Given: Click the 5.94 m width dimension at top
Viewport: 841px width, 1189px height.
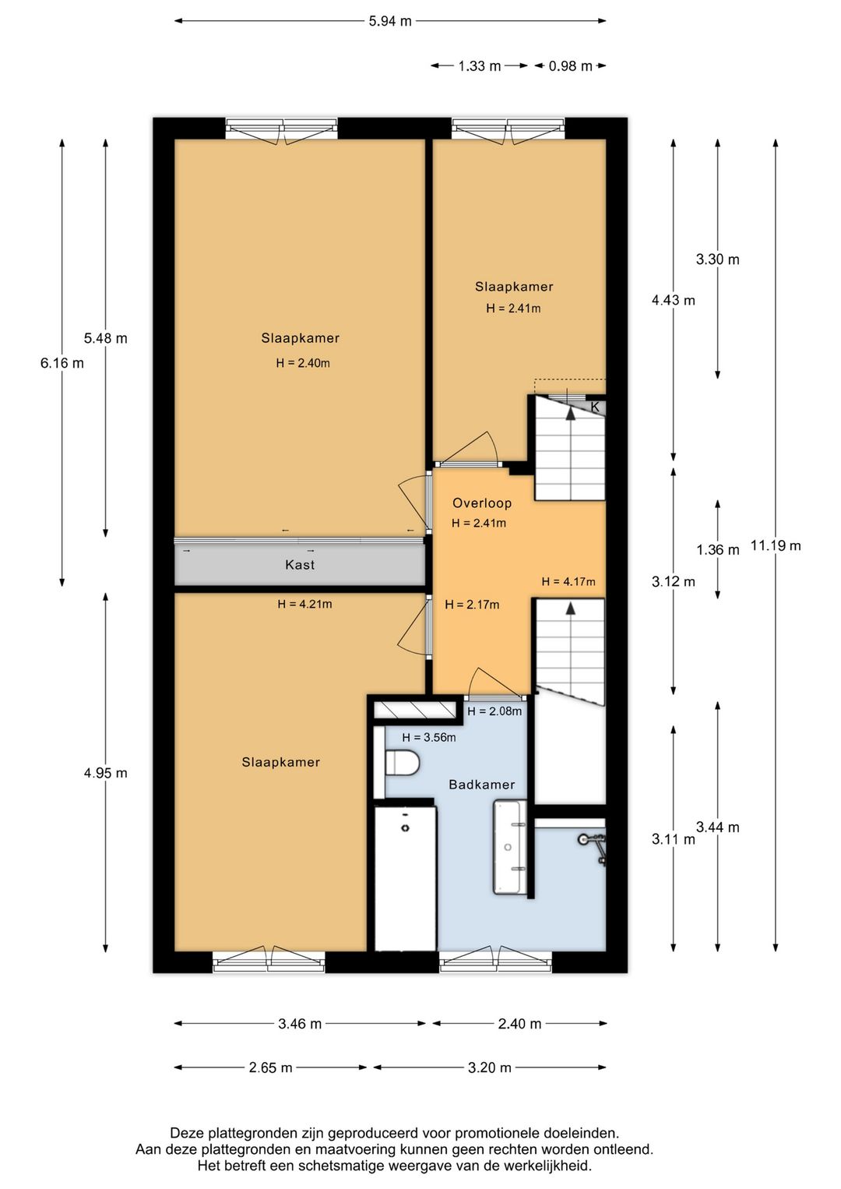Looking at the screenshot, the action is [x=390, y=21].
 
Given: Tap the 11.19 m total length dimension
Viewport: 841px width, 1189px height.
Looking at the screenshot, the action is [x=776, y=545].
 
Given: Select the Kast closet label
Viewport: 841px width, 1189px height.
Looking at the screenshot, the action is [x=300, y=565].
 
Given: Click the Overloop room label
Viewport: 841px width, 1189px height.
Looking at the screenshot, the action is [x=482, y=503].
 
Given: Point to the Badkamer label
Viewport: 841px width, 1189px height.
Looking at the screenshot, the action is [x=482, y=784].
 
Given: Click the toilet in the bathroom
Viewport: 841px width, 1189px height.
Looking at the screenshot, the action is [x=402, y=763].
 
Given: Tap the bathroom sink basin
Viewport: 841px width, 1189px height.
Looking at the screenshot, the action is [x=509, y=847].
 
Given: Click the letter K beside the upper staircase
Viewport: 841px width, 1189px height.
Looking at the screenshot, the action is [x=595, y=408].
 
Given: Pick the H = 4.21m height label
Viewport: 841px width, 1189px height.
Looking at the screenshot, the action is [x=304, y=604].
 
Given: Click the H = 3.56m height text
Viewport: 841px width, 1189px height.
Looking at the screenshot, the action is [x=429, y=737].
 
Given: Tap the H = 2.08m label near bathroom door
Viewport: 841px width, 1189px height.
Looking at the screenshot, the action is [x=494, y=711].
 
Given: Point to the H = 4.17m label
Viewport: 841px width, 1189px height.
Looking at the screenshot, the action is [x=568, y=582].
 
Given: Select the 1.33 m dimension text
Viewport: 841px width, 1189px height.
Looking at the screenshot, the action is [x=479, y=66].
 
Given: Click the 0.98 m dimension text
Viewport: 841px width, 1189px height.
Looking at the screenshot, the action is [x=570, y=66].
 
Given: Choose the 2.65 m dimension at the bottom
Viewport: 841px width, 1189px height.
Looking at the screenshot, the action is [x=271, y=1067].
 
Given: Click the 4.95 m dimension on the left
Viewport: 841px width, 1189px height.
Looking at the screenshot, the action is [x=106, y=773].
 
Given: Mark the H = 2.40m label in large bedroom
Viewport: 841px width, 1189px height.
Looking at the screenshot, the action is [x=303, y=363].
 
